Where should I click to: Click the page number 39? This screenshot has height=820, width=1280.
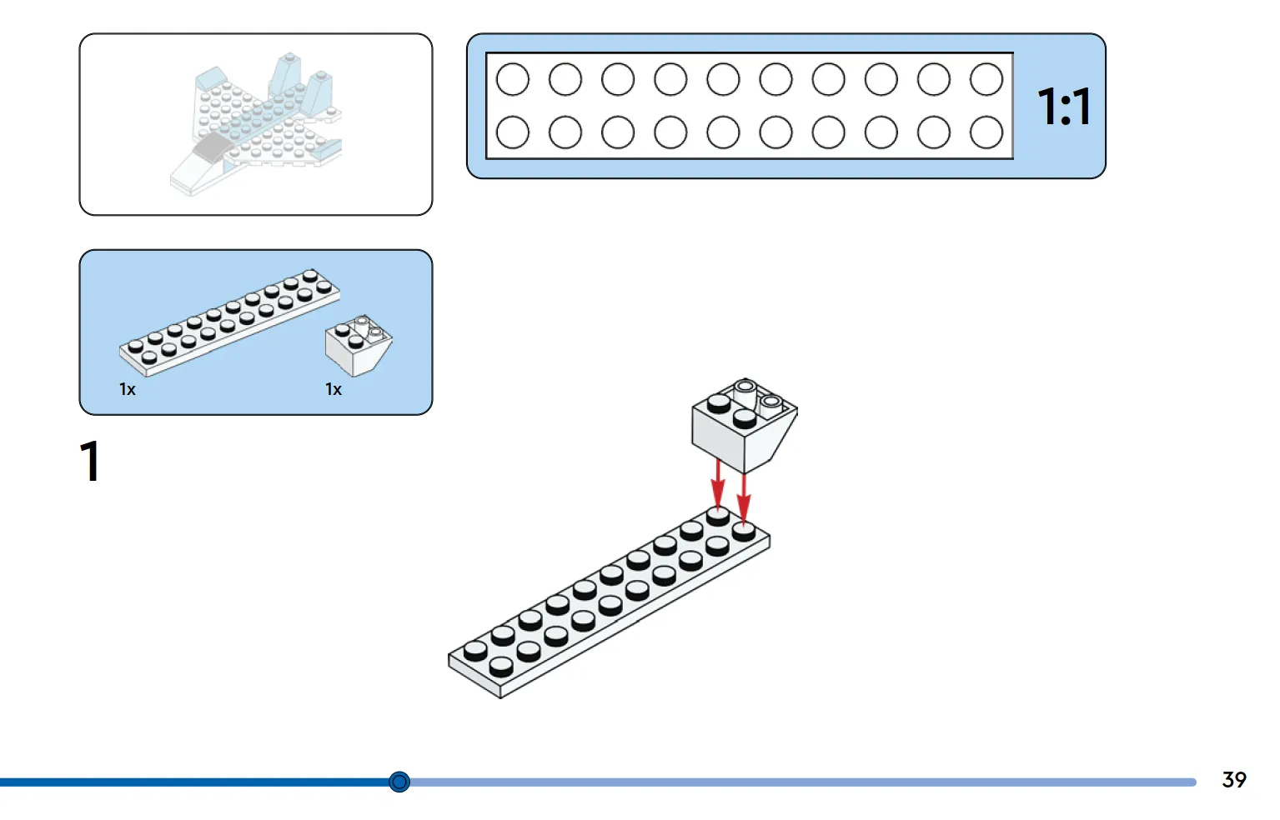(x=1233, y=779)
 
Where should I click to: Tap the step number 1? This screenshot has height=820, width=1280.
(x=90, y=461)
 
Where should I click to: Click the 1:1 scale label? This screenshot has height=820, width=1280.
(x=1064, y=106)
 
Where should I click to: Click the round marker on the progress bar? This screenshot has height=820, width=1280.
(x=399, y=781)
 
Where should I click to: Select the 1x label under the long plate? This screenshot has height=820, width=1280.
(x=128, y=389)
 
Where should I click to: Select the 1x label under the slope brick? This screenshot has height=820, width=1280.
(x=334, y=389)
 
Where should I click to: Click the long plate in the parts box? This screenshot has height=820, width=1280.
(x=229, y=322)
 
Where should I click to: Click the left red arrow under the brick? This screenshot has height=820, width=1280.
(x=718, y=483)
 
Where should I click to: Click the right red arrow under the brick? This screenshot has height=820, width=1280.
(x=744, y=498)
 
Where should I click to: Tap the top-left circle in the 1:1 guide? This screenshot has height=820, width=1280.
(x=513, y=79)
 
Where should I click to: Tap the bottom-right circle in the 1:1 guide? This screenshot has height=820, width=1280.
(x=986, y=132)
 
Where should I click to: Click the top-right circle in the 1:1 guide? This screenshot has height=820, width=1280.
(x=986, y=79)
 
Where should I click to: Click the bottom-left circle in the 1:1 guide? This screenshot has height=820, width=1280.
(x=513, y=132)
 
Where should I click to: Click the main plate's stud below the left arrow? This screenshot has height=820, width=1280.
(x=718, y=516)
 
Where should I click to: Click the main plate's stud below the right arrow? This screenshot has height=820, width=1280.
(x=744, y=532)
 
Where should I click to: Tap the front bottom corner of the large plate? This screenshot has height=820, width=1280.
(x=500, y=697)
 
